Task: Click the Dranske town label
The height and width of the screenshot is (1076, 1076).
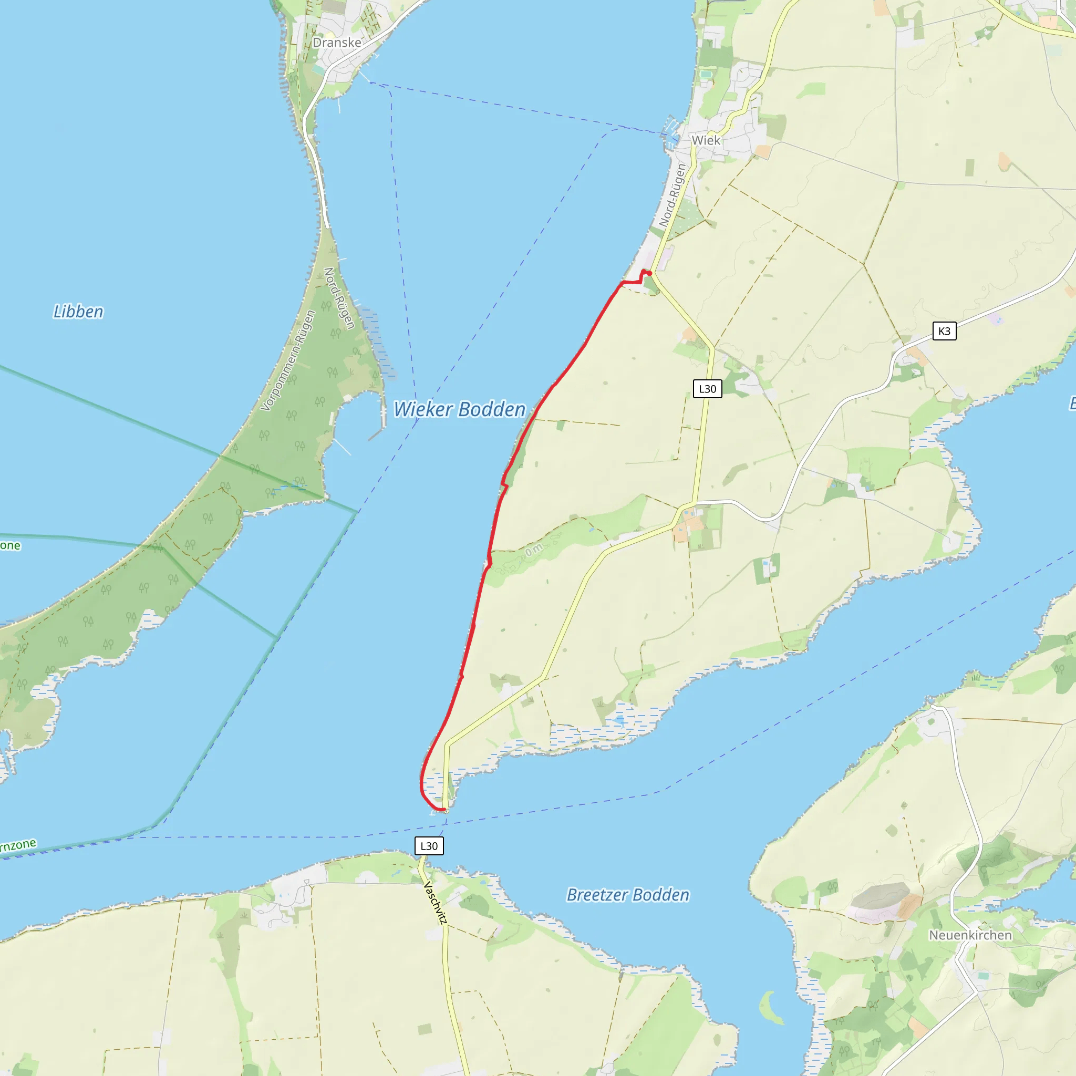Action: pyautogui.click(x=336, y=43)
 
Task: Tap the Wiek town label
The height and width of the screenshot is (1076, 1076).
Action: pyautogui.click(x=706, y=140)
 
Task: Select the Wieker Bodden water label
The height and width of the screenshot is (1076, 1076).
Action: pyautogui.click(x=460, y=409)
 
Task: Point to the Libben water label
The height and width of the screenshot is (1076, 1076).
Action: pyautogui.click(x=78, y=312)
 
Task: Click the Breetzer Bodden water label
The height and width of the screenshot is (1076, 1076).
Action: pyautogui.click(x=628, y=894)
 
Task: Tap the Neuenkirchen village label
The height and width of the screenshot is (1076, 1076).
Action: pyautogui.click(x=970, y=935)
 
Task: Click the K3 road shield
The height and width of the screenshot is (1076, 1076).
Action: pyautogui.click(x=944, y=332)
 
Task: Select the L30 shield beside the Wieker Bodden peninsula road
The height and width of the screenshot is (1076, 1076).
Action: pyautogui.click(x=707, y=389)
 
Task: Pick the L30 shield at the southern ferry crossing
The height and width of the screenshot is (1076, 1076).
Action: pyautogui.click(x=429, y=846)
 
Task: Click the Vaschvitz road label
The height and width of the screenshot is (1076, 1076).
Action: pyautogui.click(x=436, y=902)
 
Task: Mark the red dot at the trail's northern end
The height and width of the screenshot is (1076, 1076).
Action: pyautogui.click(x=649, y=273)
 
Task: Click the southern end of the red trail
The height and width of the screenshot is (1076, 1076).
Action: pyautogui.click(x=444, y=810)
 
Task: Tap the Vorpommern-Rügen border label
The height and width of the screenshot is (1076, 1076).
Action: pyautogui.click(x=288, y=361)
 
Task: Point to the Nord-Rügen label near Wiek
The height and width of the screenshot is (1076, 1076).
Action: pyautogui.click(x=671, y=195)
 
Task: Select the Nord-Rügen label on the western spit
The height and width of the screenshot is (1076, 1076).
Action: pyautogui.click(x=339, y=298)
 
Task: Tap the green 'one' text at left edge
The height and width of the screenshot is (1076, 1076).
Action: pyautogui.click(x=10, y=545)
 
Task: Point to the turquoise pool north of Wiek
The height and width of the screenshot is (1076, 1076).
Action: pyautogui.click(x=706, y=74)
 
